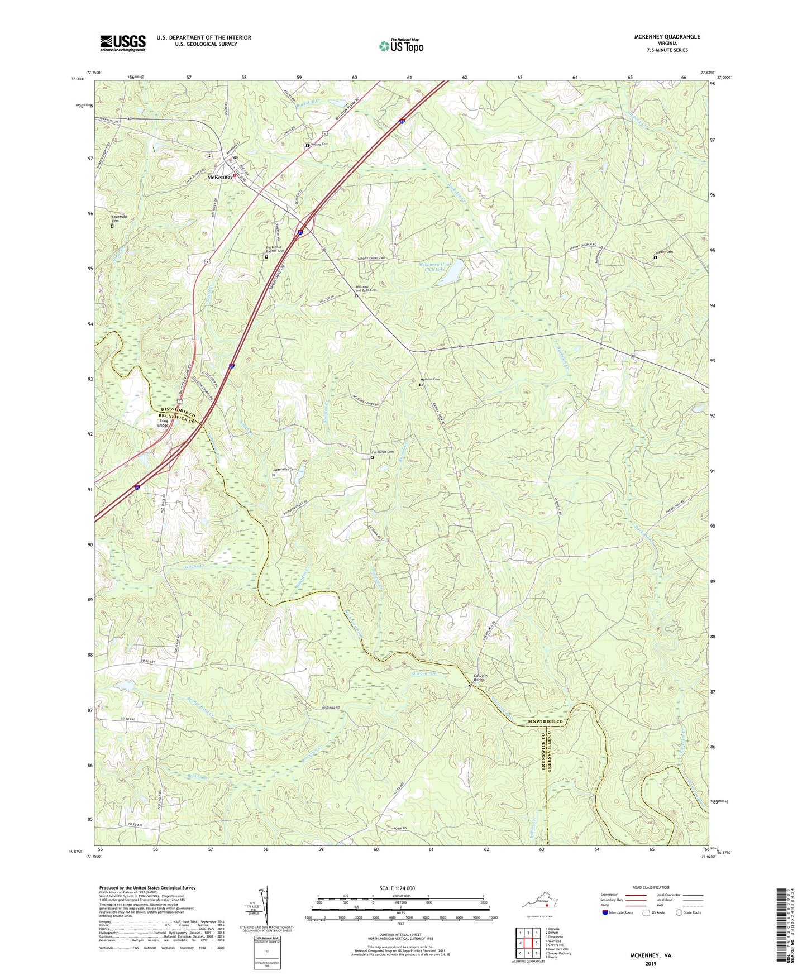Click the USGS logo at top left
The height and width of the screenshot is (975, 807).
click(x=123, y=43)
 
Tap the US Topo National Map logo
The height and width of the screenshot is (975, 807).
click(x=401, y=46)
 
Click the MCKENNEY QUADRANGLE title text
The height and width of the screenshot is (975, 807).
click(x=667, y=37)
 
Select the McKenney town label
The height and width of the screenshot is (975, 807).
click(x=219, y=177)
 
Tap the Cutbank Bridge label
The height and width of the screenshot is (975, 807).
click(x=480, y=677)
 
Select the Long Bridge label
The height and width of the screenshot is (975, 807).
click(x=163, y=423)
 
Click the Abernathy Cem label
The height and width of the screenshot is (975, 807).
click(x=285, y=469)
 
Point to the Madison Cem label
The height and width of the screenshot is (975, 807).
click(x=430, y=380)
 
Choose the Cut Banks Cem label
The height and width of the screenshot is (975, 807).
click(x=383, y=452)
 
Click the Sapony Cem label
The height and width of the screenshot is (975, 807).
click(x=664, y=252)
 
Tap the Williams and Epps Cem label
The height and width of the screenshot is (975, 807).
click(x=366, y=289)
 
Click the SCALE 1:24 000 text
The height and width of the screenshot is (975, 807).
click(x=397, y=888)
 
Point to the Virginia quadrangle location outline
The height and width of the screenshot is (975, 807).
click(x=539, y=904)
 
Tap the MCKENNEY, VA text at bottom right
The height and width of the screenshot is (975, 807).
click(x=651, y=955)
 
